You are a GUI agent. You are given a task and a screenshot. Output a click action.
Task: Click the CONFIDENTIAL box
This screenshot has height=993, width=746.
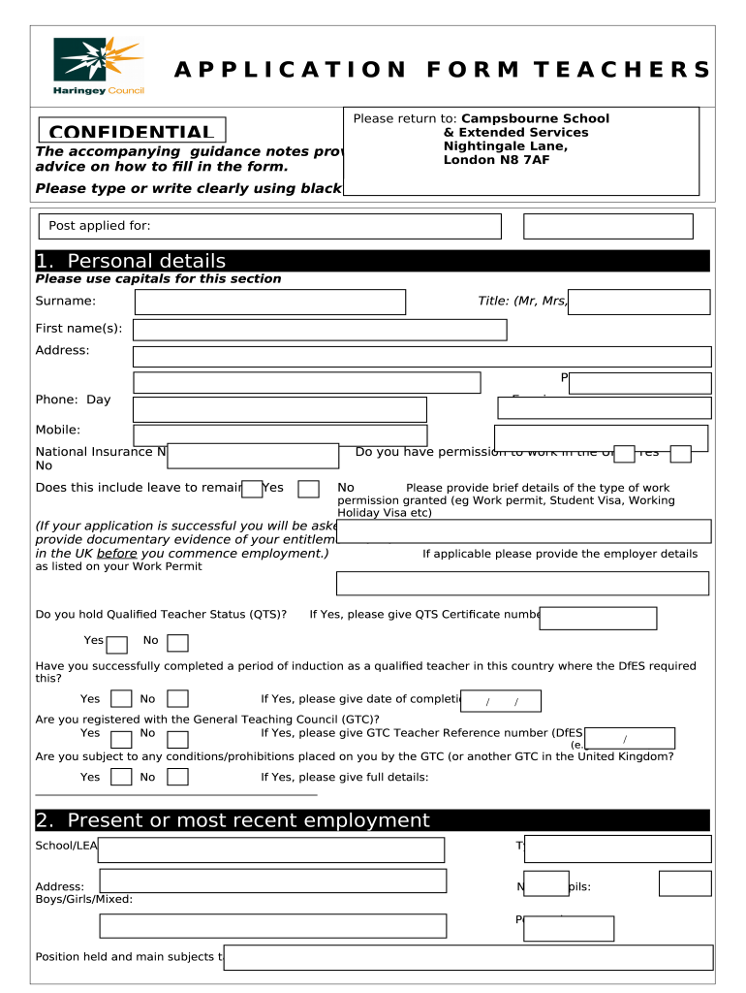pyautogui.click(x=132, y=131)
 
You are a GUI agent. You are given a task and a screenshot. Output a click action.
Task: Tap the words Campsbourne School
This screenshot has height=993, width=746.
pyautogui.click(x=535, y=119)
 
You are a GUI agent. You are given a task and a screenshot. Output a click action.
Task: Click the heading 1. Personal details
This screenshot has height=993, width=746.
pyautogui.click(x=131, y=261)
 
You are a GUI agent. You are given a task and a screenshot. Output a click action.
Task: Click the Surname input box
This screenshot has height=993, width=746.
pyautogui.click(x=269, y=302)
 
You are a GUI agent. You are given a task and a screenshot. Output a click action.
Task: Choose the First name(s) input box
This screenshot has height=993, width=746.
pyautogui.click(x=319, y=330)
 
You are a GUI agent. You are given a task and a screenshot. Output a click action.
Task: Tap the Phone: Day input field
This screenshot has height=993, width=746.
pyautogui.click(x=279, y=409)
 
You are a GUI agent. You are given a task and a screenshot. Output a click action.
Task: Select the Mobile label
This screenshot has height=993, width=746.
pyautogui.click(x=58, y=430)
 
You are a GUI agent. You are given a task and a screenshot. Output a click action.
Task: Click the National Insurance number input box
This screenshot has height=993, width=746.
pyautogui.click(x=253, y=456)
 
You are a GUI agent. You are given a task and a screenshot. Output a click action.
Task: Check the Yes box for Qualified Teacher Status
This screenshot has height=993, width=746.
pyautogui.click(x=117, y=645)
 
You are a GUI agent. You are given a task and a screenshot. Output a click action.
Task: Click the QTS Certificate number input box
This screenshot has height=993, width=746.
pyautogui.click(x=598, y=618)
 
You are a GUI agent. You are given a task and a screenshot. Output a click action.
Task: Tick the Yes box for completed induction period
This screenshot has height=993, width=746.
pyautogui.click(x=121, y=699)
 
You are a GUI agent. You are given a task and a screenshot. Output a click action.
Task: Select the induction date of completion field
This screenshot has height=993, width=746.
pyautogui.click(x=501, y=701)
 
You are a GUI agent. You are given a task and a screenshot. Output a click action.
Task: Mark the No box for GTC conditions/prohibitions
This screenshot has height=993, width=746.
pyautogui.click(x=177, y=777)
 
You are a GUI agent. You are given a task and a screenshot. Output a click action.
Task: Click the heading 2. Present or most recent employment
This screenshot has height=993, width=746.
pyautogui.click(x=233, y=820)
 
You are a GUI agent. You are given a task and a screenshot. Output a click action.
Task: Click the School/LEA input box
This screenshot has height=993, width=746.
pyautogui.click(x=271, y=849)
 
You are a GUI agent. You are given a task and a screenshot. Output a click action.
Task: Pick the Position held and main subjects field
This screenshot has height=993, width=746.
pyautogui.click(x=468, y=957)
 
